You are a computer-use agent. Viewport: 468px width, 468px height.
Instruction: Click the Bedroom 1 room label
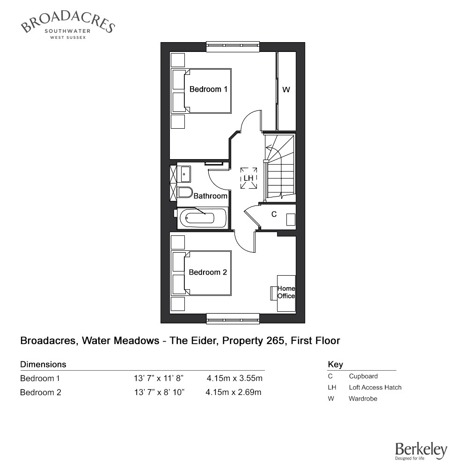[x=208, y=89]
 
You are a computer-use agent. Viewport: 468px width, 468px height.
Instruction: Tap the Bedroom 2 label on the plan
[x=208, y=272]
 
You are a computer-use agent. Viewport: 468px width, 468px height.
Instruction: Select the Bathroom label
[x=211, y=196]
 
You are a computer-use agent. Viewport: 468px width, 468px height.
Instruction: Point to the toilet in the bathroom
[x=185, y=192]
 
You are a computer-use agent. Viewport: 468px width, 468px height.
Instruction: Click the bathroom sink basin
[x=185, y=174]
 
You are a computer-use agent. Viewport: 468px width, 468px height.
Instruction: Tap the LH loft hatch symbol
[x=249, y=178]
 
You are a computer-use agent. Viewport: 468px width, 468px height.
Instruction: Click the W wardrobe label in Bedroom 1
[x=286, y=89]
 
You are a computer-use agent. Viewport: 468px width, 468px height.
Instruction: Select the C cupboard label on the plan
[x=274, y=214]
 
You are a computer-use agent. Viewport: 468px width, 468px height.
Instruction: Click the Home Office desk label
[x=286, y=292]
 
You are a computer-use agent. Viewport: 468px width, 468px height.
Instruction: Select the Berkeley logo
[x=421, y=451]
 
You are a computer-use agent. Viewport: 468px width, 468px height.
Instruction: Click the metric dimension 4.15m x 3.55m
[x=234, y=378]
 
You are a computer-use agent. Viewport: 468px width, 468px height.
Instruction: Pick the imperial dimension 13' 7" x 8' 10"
[x=159, y=392]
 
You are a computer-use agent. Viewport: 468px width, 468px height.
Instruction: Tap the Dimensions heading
[x=43, y=365]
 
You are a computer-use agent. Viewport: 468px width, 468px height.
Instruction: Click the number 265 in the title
[x=275, y=341]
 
